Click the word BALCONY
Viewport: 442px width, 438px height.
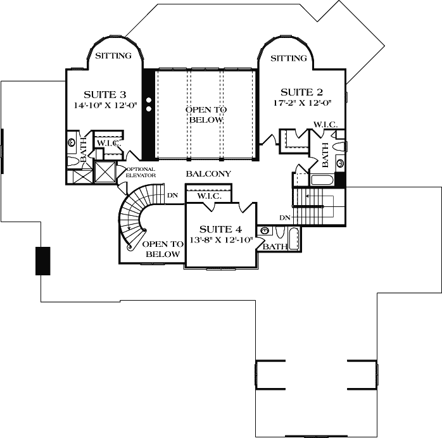click(208, 173)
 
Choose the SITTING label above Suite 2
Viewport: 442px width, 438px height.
click(289, 58)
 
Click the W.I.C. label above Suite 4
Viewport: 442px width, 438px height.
click(208, 196)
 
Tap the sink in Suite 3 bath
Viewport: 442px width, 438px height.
click(72, 142)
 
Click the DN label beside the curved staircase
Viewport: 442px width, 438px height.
click(172, 196)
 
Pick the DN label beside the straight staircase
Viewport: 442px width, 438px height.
click(284, 218)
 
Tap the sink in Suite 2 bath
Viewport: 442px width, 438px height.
click(340, 163)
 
